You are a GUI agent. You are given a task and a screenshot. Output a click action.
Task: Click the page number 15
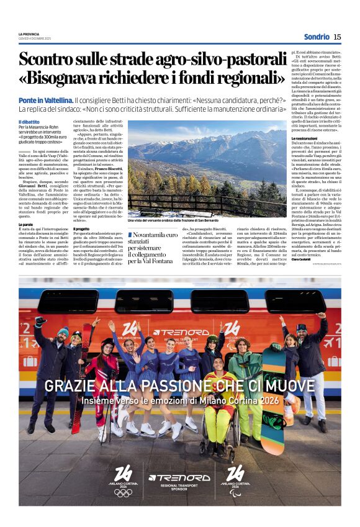337,37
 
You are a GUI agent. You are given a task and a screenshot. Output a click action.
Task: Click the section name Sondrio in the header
317,37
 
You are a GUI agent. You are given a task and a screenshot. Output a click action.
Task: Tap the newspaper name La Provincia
28,34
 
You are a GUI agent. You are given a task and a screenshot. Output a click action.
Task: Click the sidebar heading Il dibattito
29,122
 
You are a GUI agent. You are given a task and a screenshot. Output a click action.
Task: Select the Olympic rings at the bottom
123,492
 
